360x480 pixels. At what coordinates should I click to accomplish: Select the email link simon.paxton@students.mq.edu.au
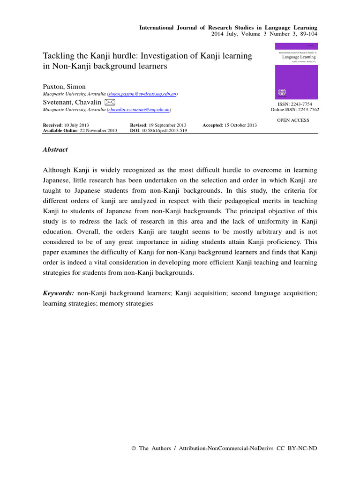pos(142,94)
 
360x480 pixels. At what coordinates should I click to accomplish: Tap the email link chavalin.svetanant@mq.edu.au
pos(139,110)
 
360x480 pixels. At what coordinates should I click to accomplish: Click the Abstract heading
pos(55,150)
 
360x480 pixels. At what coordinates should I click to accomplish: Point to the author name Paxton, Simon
pos(64,87)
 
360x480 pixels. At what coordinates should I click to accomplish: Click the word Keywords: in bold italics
pos(58,293)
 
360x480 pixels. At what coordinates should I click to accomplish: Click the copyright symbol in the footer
pos(134,449)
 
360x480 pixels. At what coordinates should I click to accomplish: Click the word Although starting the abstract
pos(59,170)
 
